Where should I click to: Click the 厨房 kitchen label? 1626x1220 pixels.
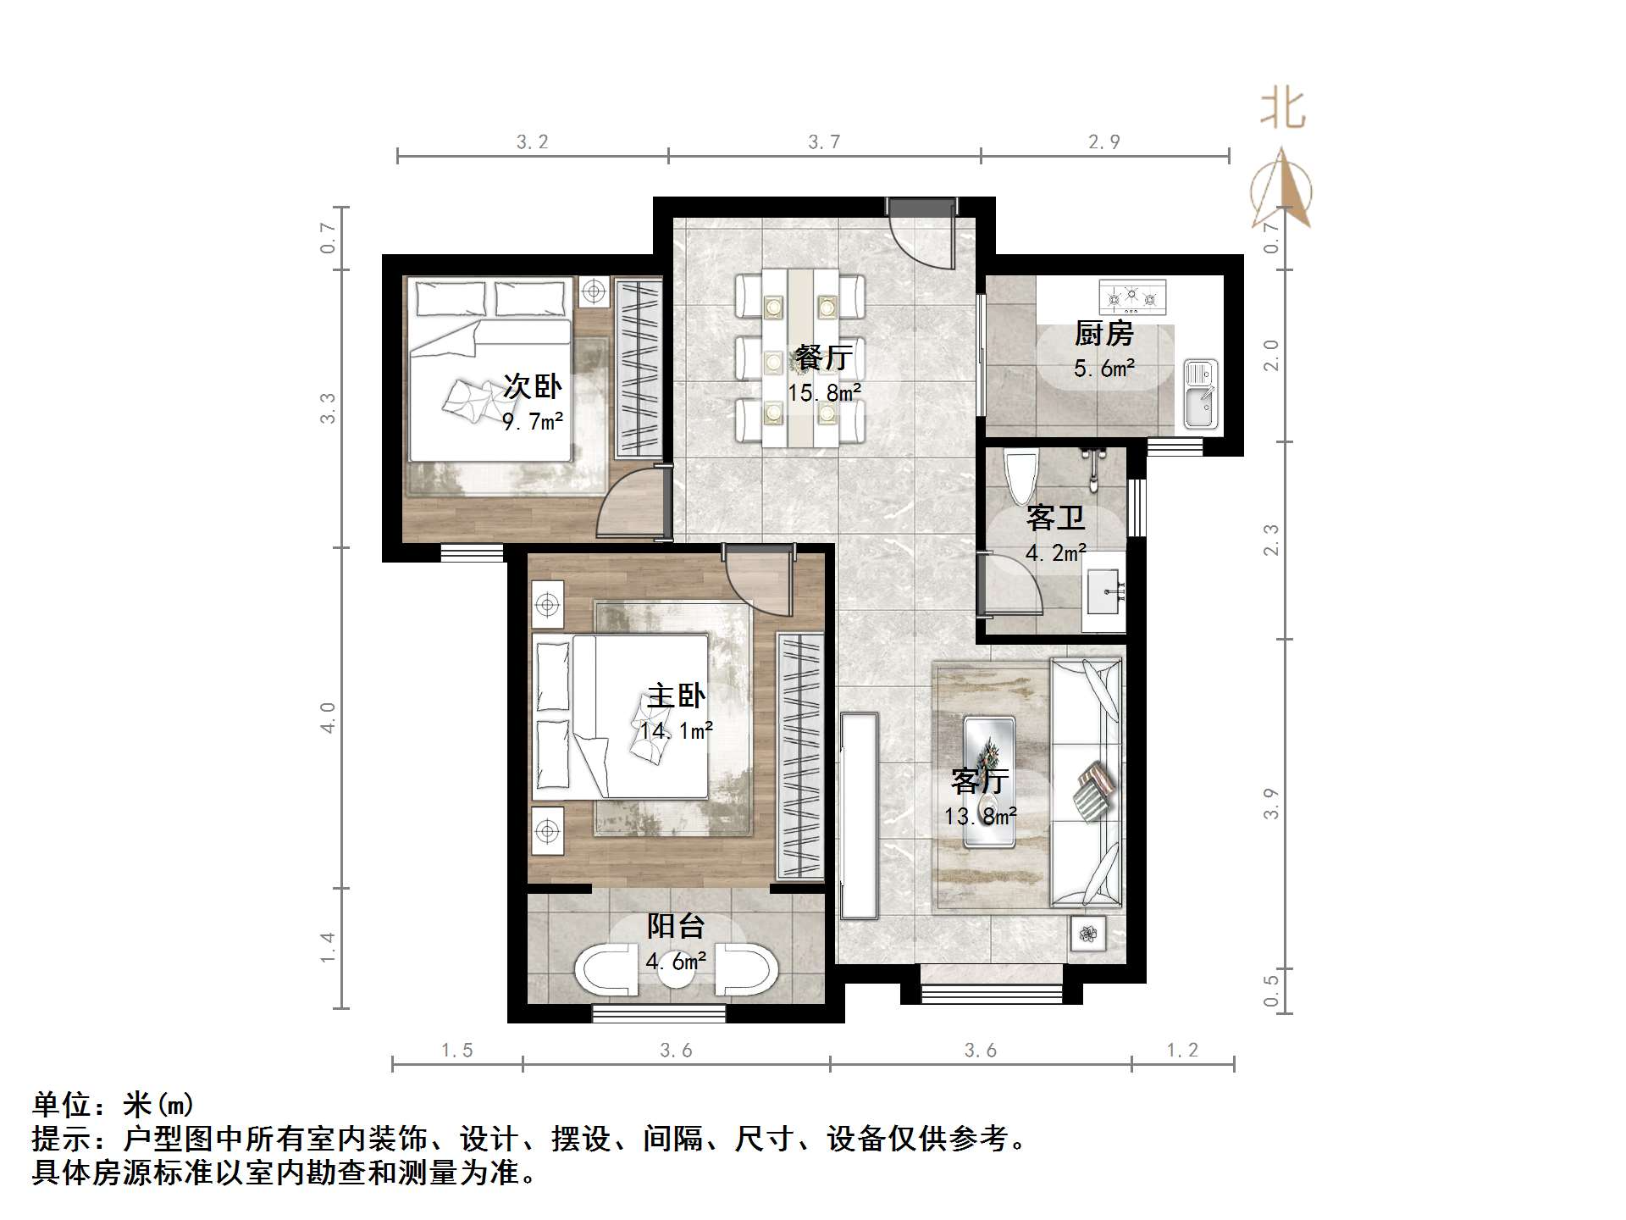pyautogui.click(x=1103, y=334)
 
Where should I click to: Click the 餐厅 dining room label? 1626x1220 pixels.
pyautogui.click(x=823, y=357)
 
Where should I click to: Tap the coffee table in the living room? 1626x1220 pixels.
pyautogui.click(x=989, y=781)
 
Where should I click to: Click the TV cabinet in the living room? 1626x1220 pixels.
pyautogui.click(x=860, y=816)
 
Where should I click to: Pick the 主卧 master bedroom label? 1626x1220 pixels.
pyautogui.click(x=675, y=696)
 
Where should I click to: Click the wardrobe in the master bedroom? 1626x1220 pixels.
pyautogui.click(x=799, y=757)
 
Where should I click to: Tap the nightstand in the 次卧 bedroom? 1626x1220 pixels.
pyautogui.click(x=595, y=292)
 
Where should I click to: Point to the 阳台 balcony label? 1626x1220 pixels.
pyautogui.click(x=675, y=926)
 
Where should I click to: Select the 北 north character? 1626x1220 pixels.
pyautogui.click(x=1282, y=110)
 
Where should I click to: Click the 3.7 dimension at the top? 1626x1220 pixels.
pyautogui.click(x=824, y=142)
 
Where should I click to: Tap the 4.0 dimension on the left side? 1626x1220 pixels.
pyautogui.click(x=329, y=717)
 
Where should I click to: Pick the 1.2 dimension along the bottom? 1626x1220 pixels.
pyautogui.click(x=1182, y=1051)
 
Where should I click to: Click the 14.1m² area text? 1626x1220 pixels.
pyautogui.click(x=676, y=730)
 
